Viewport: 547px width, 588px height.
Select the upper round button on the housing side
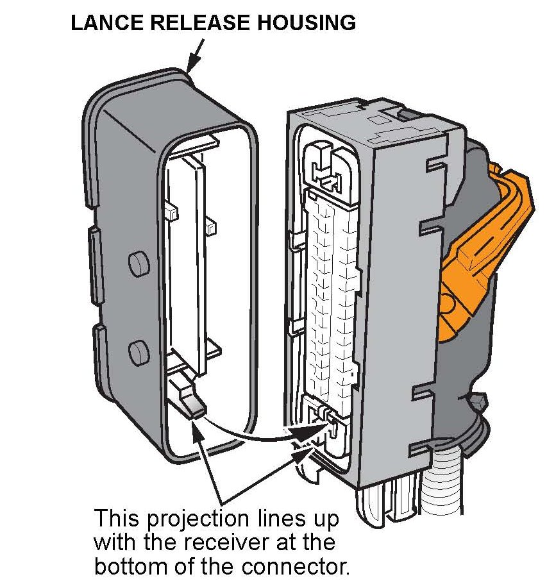pos(138,262)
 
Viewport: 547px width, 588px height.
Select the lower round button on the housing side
pos(138,351)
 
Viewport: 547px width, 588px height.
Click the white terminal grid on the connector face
pos(330,289)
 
